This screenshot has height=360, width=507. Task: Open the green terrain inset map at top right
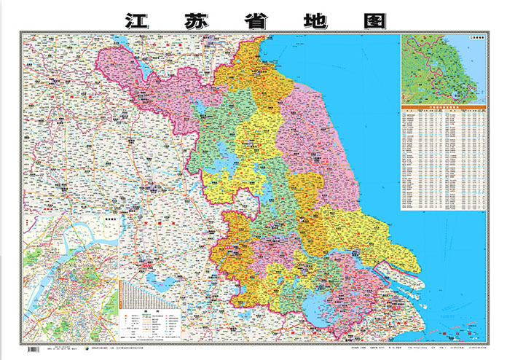pos(443,69)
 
